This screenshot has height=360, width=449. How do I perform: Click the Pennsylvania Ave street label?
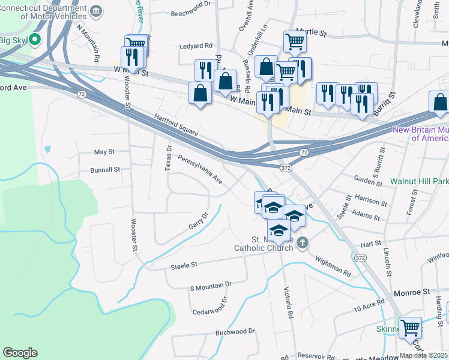(x=200, y=169)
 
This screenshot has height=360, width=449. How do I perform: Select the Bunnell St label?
(x=105, y=170)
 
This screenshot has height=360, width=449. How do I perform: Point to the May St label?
(x=104, y=152)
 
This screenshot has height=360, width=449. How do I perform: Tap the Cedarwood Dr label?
(x=211, y=306)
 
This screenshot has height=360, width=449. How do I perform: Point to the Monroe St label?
(x=412, y=292)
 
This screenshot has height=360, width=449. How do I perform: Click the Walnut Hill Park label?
(x=419, y=181)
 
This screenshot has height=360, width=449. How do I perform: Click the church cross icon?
(x=303, y=243)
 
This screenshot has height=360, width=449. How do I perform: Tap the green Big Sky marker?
(x=35, y=40)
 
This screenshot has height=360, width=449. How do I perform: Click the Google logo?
(x=20, y=353)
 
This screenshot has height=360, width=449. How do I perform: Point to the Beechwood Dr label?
(x=191, y=4)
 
